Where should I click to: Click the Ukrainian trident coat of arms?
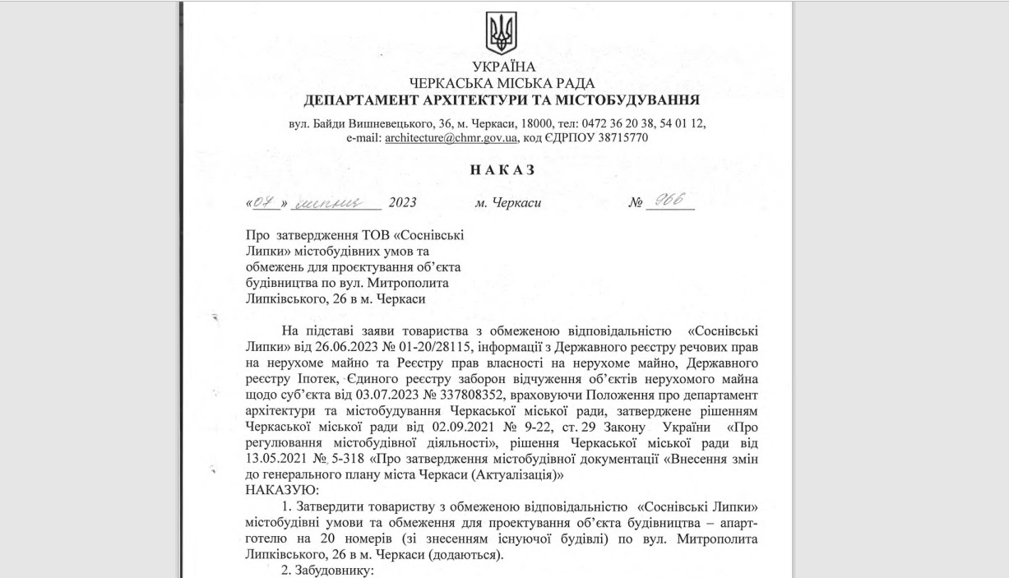click(x=502, y=33)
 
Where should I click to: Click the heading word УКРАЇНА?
click(x=503, y=67)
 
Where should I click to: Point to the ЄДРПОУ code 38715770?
click(x=620, y=138)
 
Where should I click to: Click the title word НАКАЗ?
click(x=502, y=170)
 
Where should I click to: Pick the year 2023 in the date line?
click(x=403, y=202)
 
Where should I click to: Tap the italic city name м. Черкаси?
click(x=508, y=202)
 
